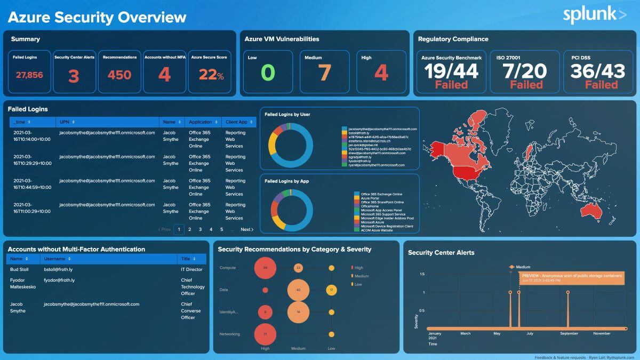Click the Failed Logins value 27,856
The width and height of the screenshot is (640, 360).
tap(29, 75)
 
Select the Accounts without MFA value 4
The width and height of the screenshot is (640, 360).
tap(164, 75)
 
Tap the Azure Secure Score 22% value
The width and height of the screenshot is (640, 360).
tap(211, 75)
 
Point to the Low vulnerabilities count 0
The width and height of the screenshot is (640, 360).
tap(268, 73)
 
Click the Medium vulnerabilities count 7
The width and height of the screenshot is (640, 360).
tap(325, 73)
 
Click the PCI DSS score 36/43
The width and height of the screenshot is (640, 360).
tap(597, 70)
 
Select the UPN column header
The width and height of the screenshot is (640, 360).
tap(64, 122)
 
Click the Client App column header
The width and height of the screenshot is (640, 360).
tap(236, 122)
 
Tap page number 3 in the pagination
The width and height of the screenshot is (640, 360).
tap(200, 229)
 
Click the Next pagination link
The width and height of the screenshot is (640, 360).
tap(246, 229)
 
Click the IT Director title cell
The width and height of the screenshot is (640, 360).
tap(191, 269)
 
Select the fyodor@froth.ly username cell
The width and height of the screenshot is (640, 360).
tap(59, 280)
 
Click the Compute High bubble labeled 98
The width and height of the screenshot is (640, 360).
tap(265, 268)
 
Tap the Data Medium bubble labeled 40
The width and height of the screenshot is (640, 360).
tap(298, 290)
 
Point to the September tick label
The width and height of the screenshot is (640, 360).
tap(569, 334)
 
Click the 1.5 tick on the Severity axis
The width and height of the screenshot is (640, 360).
tap(422, 274)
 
